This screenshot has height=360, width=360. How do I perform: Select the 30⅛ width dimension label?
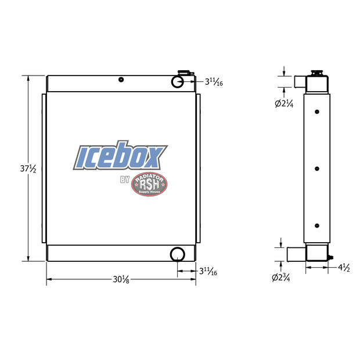[x=121, y=280]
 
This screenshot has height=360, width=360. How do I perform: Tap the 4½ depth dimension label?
[x=345, y=268]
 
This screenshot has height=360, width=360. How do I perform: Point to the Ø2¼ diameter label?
[x=283, y=104]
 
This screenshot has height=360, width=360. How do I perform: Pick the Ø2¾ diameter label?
[x=281, y=278]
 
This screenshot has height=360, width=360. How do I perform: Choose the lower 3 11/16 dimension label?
[x=208, y=272]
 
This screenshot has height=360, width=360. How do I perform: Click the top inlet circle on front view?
[x=178, y=82]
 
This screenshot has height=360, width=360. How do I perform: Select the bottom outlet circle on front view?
[x=177, y=254]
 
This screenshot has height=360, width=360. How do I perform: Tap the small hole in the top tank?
[x=121, y=80]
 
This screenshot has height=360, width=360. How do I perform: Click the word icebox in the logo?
[x=120, y=156]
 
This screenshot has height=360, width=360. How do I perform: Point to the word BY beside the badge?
[x=125, y=179]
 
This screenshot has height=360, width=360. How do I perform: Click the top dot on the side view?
[x=316, y=111]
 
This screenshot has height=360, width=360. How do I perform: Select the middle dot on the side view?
[x=316, y=168]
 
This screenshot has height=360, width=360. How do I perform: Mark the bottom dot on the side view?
[x=316, y=225]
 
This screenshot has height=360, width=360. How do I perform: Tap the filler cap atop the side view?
[x=317, y=73]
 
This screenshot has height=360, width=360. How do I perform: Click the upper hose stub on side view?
[x=299, y=81]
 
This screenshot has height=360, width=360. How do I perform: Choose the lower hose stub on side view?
[x=297, y=254]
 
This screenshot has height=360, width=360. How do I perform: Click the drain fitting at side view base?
[x=330, y=256]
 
